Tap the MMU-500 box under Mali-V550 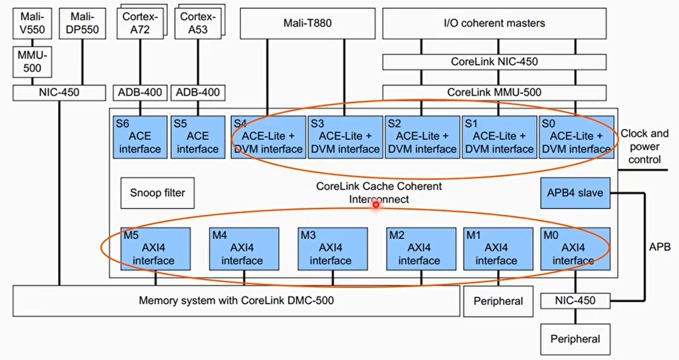(x=32, y=61)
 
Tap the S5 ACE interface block (x=197, y=136)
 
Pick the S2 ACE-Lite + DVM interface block (x=422, y=136)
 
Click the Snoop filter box (x=157, y=193)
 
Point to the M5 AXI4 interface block (x=156, y=248)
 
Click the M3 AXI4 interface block (x=332, y=248)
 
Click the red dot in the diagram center (x=376, y=204)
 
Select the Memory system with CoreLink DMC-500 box (x=236, y=300)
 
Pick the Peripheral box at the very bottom (x=576, y=339)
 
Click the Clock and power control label (x=644, y=146)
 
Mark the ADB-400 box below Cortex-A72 (x=140, y=93)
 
